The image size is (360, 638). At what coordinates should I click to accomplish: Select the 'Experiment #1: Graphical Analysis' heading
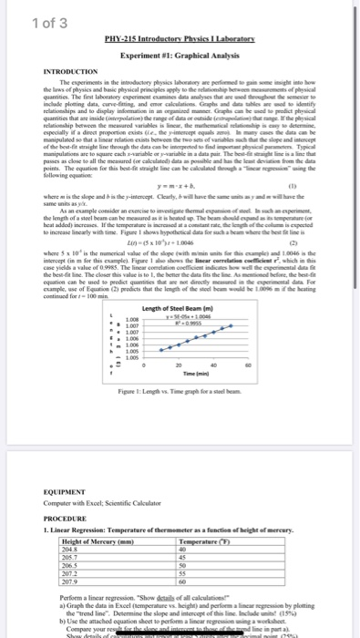point(180,55)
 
